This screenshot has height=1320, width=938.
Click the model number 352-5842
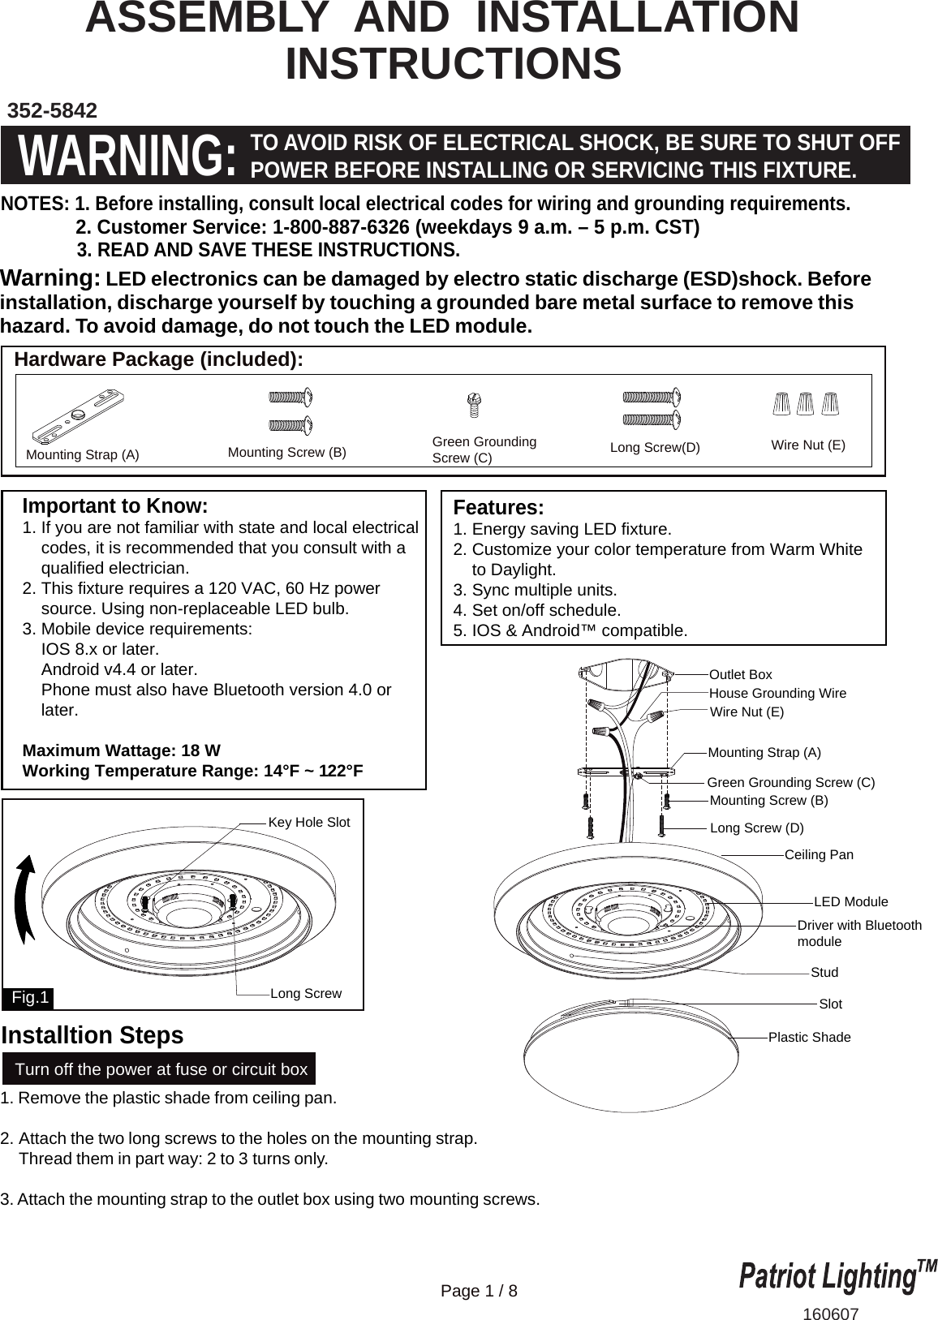pyautogui.click(x=52, y=110)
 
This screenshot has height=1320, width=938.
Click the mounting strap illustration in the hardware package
pyautogui.click(x=79, y=416)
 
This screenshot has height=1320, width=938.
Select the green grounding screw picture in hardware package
pyautogui.click(x=475, y=405)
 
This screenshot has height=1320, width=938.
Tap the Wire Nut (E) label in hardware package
pyautogui.click(x=807, y=445)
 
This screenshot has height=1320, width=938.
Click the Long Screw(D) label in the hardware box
pyautogui.click(x=654, y=447)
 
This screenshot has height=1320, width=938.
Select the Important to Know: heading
pyautogui.click(x=115, y=506)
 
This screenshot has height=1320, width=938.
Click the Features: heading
pyautogui.click(x=498, y=508)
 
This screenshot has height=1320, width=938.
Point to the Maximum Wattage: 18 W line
pyautogui.click(x=121, y=750)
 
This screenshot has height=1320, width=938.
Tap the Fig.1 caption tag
pyautogui.click(x=30, y=997)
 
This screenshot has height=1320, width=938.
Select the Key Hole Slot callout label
pyautogui.click(x=308, y=822)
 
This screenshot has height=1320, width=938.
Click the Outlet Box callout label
pyautogui.click(x=740, y=674)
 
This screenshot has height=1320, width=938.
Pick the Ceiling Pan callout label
pyautogui.click(x=819, y=854)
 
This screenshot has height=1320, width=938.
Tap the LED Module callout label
pyautogui.click(x=850, y=901)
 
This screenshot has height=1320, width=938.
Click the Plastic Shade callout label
pyautogui.click(x=809, y=1037)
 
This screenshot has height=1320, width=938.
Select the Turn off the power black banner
pyautogui.click(x=161, y=1069)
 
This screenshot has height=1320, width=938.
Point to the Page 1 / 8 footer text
pyautogui.click(x=479, y=1290)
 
